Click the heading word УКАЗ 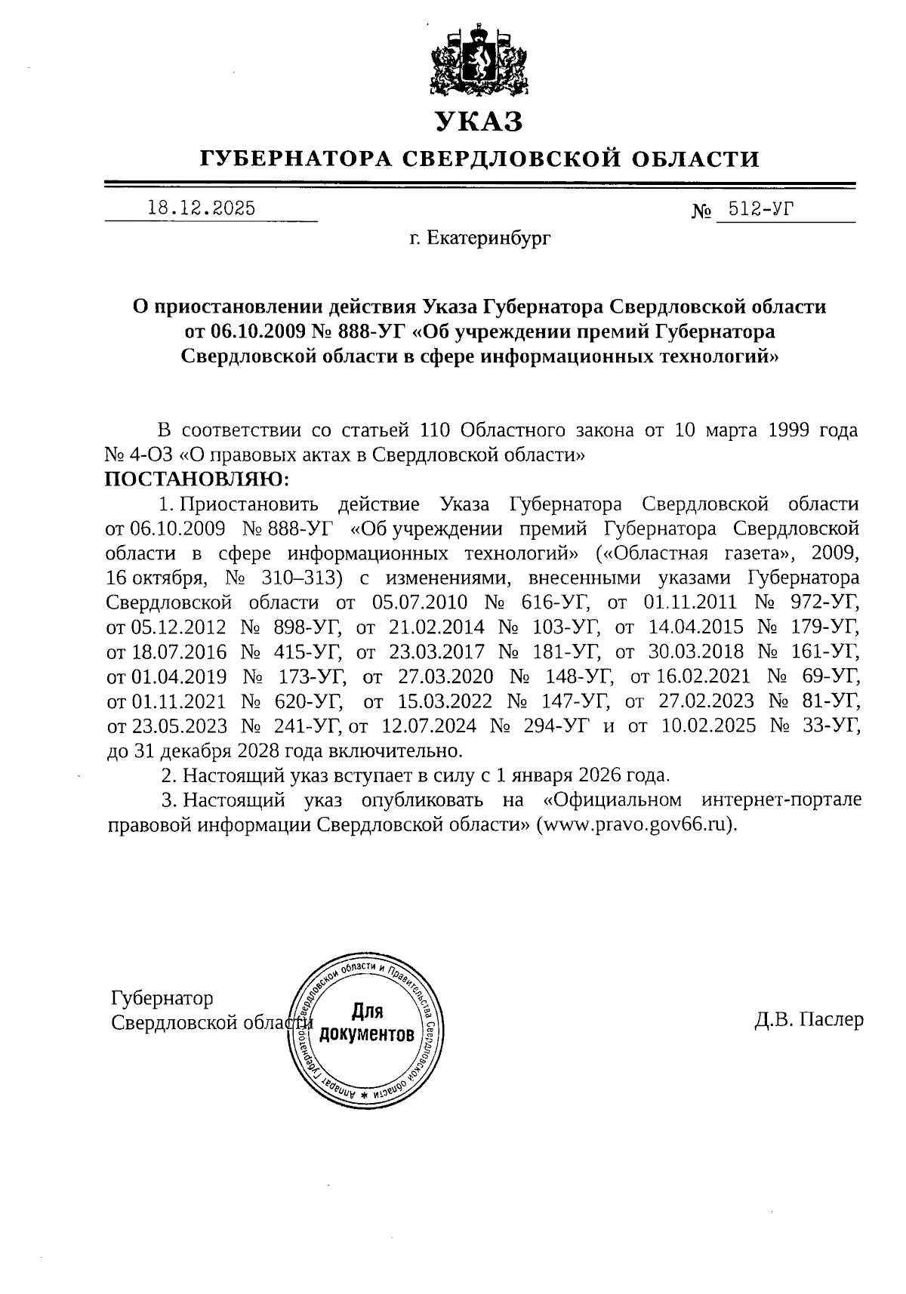478,121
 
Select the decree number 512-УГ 757,209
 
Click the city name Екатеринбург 489,239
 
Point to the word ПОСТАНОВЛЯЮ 196,479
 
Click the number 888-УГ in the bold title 374,331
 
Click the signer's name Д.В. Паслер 808,1020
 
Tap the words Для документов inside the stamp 367,1022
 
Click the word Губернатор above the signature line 162,998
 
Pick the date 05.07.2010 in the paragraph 420,602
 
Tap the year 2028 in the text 260,751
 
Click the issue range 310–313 301,578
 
